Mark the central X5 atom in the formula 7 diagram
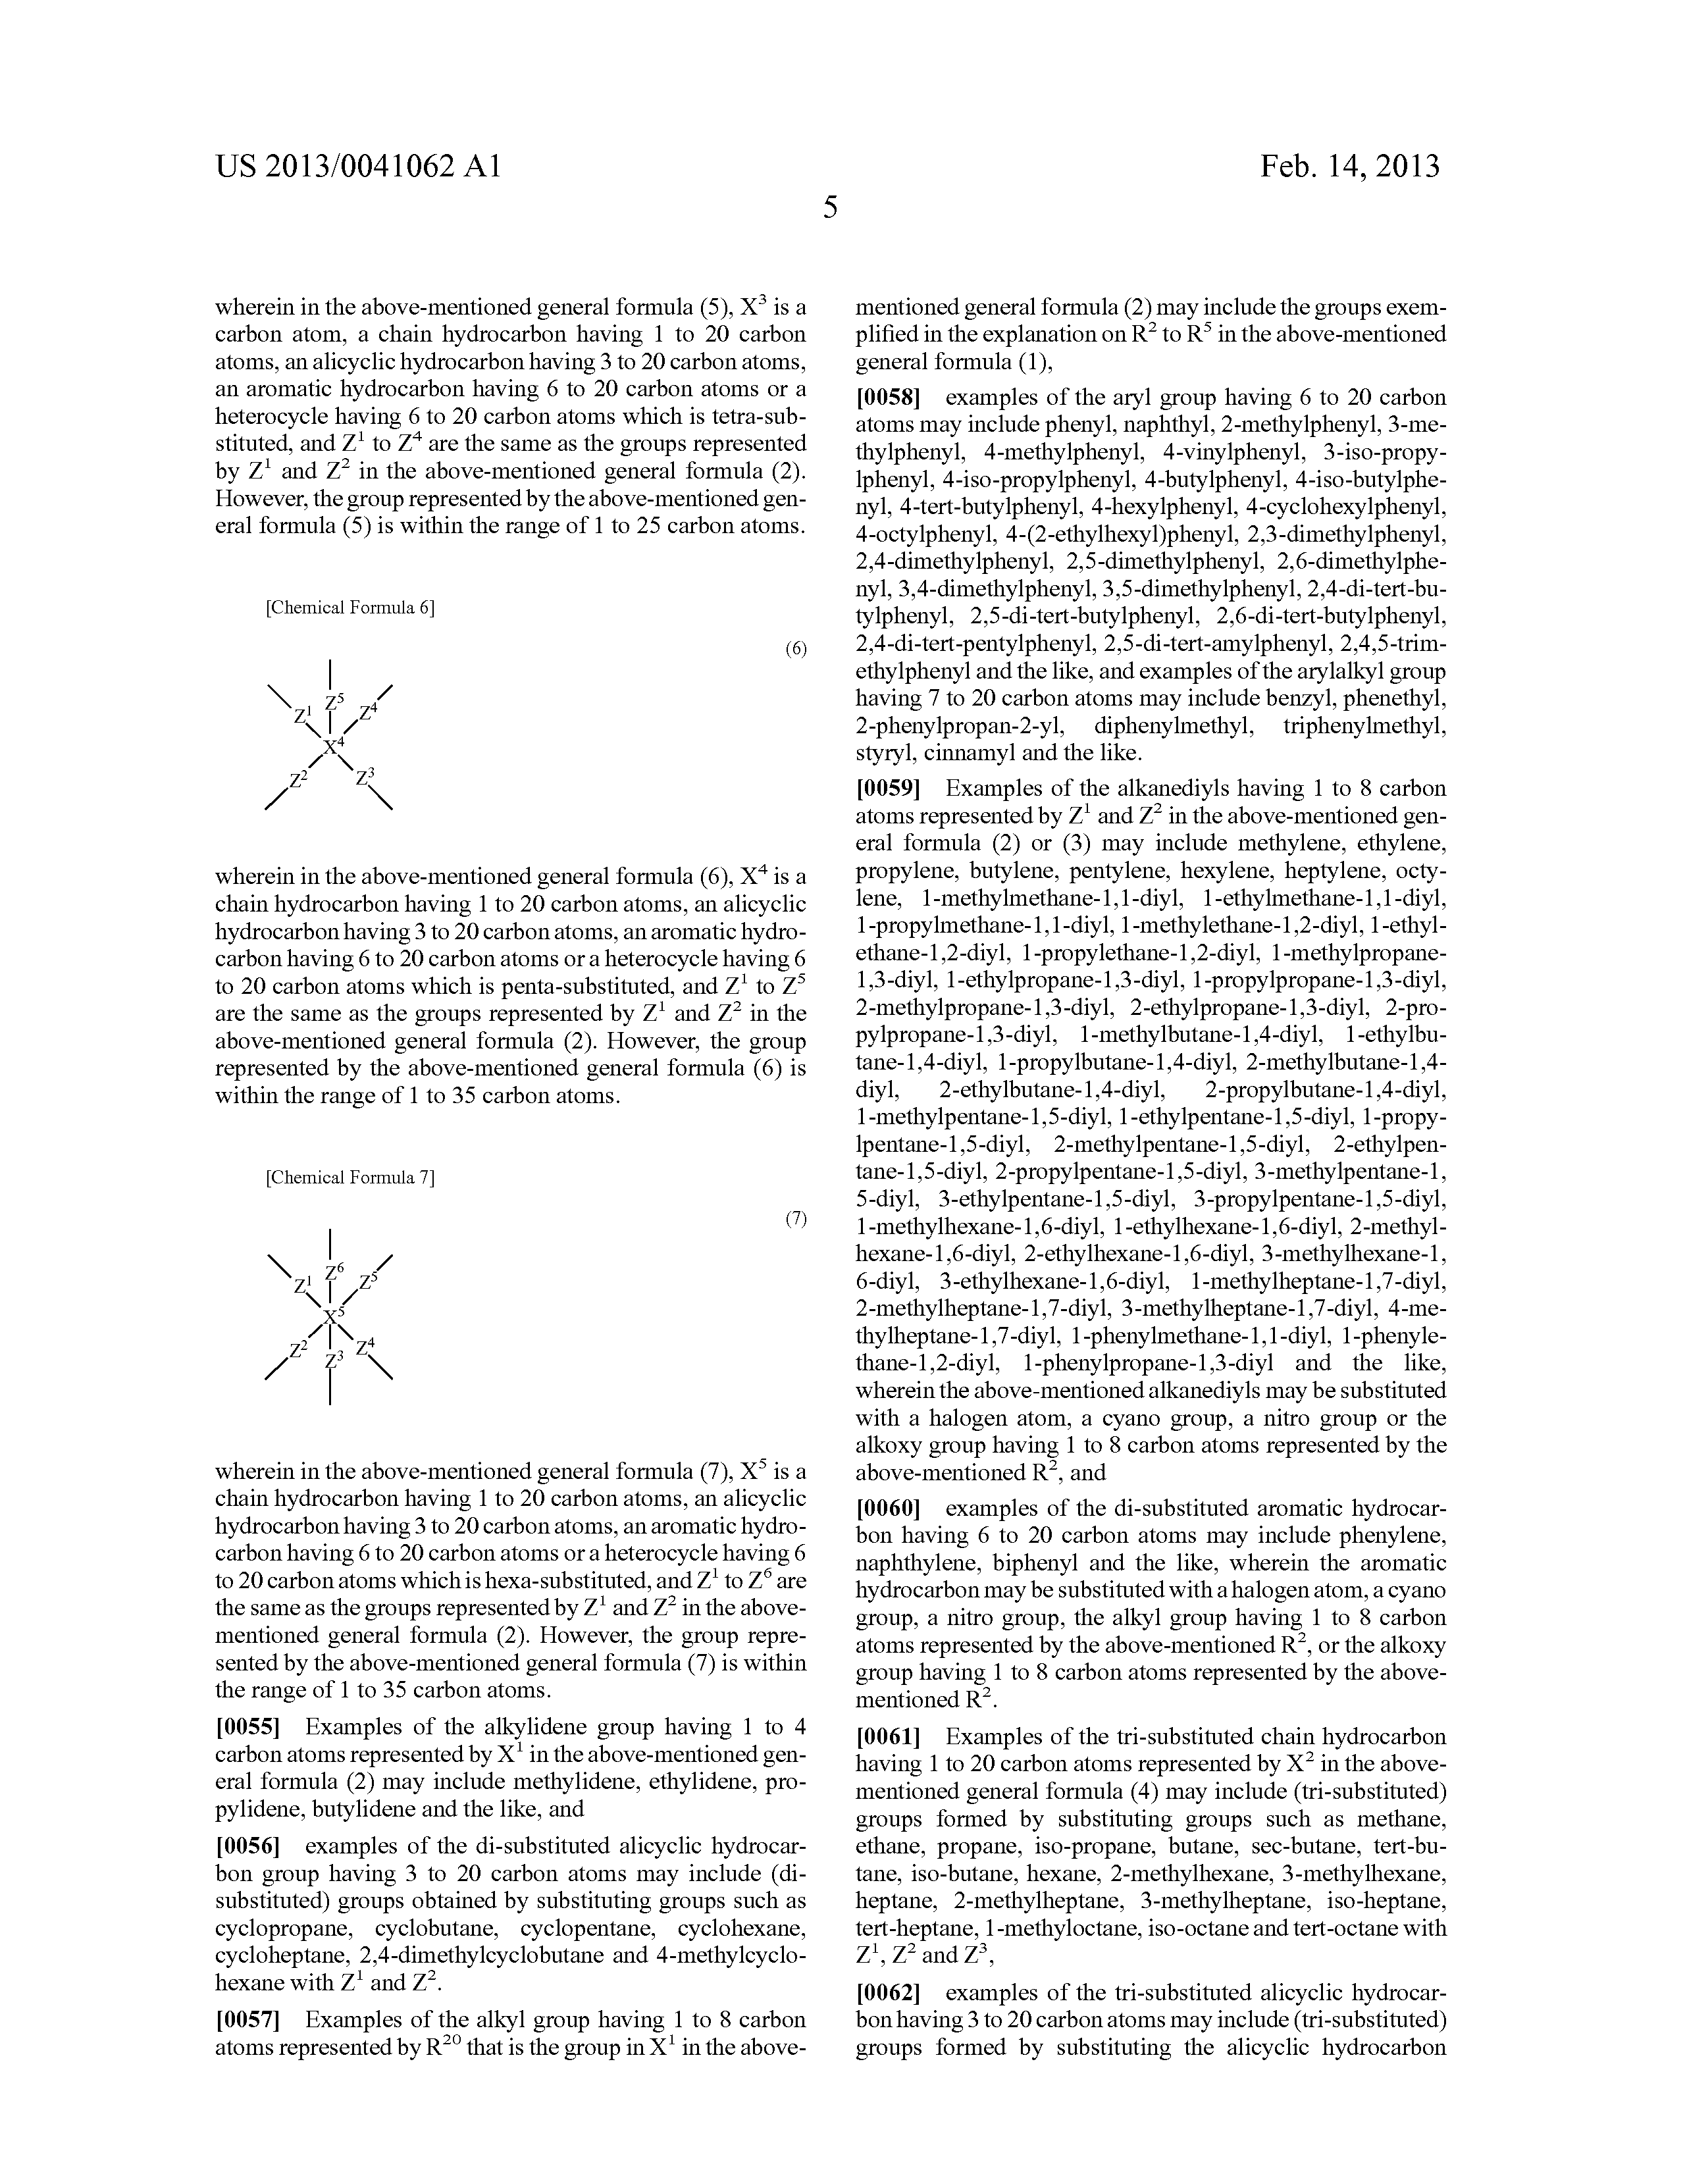(x=333, y=1316)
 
